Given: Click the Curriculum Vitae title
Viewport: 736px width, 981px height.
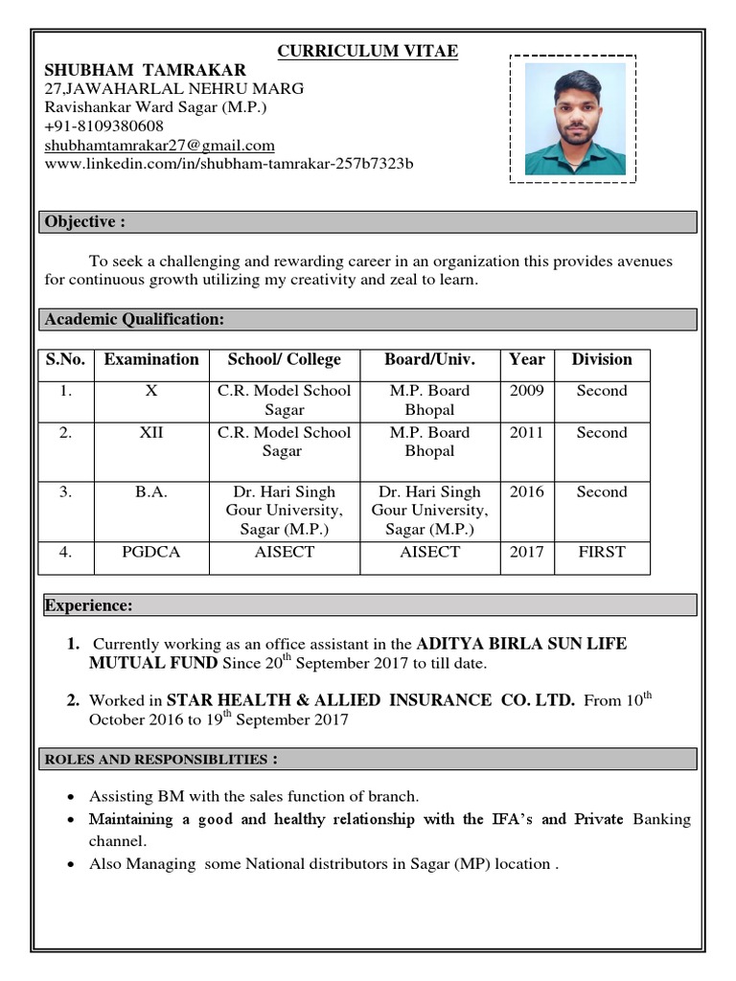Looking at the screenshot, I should pyautogui.click(x=367, y=51).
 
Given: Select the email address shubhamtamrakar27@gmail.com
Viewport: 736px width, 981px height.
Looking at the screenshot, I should pyautogui.click(x=159, y=146).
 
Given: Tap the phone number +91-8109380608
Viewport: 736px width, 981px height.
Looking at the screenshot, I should pyautogui.click(x=103, y=126).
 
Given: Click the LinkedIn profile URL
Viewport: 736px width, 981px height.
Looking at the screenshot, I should pyautogui.click(x=229, y=164).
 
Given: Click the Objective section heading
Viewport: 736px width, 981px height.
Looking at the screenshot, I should pyautogui.click(x=85, y=222).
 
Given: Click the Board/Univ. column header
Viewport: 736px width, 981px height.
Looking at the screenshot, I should pyautogui.click(x=429, y=360).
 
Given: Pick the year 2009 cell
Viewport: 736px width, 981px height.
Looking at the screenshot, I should pyautogui.click(x=526, y=391).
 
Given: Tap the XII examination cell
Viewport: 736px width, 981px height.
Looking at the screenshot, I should pyautogui.click(x=151, y=433).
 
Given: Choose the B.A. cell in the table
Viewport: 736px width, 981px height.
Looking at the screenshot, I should pyautogui.click(x=151, y=492).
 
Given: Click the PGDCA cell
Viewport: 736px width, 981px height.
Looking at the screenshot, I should pyautogui.click(x=151, y=553).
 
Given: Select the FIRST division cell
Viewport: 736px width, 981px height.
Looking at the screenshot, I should pyautogui.click(x=601, y=553).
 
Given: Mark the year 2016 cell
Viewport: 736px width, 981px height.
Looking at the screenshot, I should pyautogui.click(x=526, y=492).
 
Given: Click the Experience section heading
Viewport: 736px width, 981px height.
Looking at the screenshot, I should pyautogui.click(x=89, y=605).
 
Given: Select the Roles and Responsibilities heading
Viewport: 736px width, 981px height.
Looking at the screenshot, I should pyautogui.click(x=162, y=760).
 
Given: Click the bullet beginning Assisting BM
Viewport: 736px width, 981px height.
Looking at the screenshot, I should pyautogui.click(x=254, y=796).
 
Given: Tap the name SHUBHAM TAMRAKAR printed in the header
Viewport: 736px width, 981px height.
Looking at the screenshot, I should pyautogui.click(x=145, y=70).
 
